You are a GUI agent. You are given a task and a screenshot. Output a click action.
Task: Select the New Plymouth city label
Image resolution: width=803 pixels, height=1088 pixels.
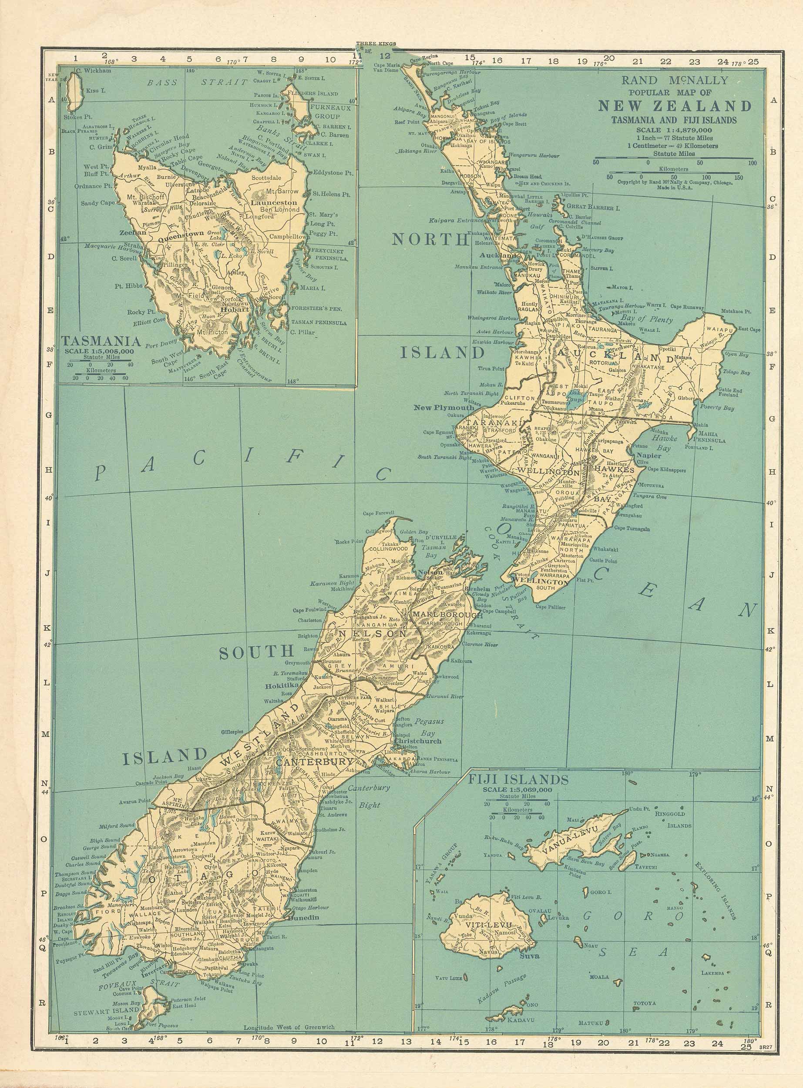click(x=444, y=407)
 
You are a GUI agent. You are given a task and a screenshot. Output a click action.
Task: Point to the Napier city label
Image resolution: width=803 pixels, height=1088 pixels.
click(x=648, y=456)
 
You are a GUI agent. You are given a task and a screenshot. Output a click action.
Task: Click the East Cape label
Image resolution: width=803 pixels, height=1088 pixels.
click(x=749, y=329)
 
